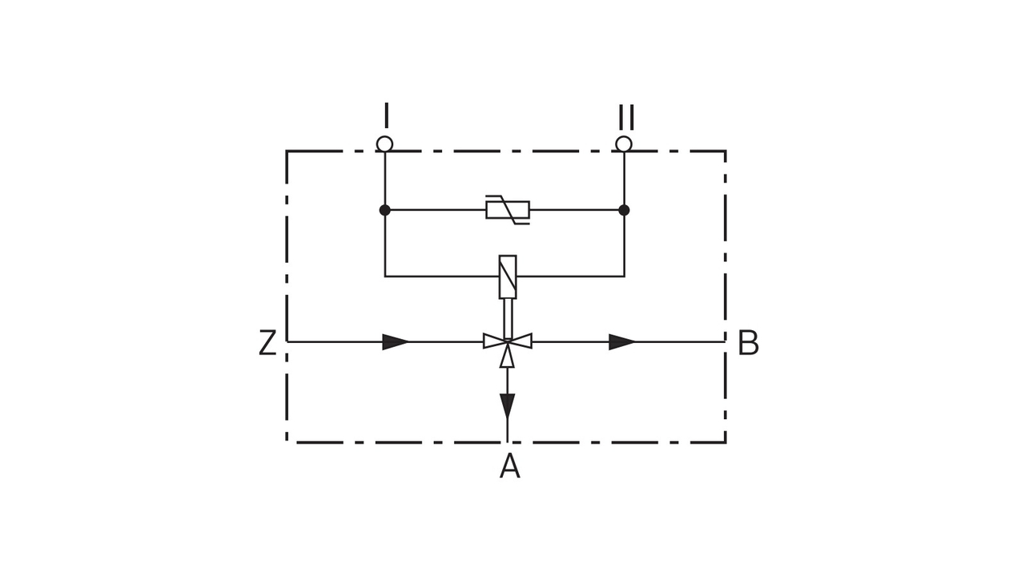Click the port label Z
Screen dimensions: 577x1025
267,343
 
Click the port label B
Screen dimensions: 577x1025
748,343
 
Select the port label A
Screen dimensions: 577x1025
509,466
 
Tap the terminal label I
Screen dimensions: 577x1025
386,115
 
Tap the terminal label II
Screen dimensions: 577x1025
625,117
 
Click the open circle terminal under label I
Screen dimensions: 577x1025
385,144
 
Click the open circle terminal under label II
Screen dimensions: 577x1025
624,144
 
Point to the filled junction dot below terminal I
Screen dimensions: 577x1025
385,210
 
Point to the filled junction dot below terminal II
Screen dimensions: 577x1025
624,210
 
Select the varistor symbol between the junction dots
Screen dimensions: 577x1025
508,210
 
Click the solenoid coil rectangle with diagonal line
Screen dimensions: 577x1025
508,276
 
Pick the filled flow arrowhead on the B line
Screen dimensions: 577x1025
621,342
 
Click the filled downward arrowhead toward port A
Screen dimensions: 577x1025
507,406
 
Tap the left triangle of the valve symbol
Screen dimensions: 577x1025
493,341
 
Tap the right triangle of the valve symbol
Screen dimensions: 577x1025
522,341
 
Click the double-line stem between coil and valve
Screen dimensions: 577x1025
508,317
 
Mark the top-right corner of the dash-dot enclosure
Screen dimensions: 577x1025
726,151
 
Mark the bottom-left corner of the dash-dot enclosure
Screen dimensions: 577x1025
287,442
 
